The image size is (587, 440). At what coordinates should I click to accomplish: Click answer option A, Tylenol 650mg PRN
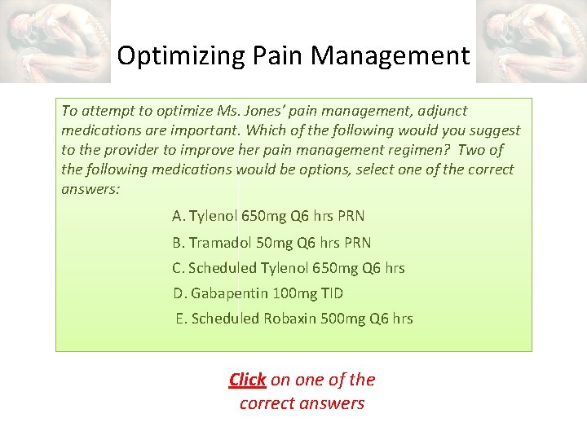click(268, 216)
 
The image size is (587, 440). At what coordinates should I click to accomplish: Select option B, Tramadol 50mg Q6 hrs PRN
click(271, 242)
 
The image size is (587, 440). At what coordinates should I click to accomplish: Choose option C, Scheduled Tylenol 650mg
click(288, 268)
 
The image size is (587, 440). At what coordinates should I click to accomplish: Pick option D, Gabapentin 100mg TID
click(258, 293)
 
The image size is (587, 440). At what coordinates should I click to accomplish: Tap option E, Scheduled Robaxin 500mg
click(293, 319)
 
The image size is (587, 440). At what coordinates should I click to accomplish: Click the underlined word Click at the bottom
click(247, 379)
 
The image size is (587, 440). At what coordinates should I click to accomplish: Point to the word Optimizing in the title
click(169, 56)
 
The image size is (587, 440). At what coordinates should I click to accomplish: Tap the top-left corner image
click(55, 41)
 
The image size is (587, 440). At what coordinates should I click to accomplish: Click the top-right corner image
click(531, 41)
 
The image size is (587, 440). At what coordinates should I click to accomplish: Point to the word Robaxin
click(288, 319)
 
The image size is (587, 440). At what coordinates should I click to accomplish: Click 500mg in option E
click(342, 319)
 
